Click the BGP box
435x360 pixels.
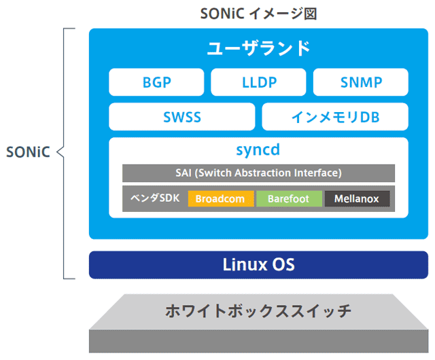[157, 83]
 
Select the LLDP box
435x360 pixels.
[259, 83]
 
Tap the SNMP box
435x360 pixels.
[361, 83]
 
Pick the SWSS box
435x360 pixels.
[182, 117]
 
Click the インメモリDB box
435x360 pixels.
[335, 117]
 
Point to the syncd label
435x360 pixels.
[259, 149]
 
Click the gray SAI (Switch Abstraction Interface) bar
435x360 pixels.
[259, 173]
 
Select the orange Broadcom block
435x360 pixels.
[221, 199]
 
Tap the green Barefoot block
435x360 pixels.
[289, 199]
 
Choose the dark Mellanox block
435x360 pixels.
[357, 199]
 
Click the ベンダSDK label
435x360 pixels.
[155, 198]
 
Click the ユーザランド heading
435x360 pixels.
[259, 49]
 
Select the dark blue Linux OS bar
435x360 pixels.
[259, 265]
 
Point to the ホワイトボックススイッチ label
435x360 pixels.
[259, 312]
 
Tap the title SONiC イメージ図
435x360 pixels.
[259, 12]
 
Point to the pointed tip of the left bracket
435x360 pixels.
[57, 152]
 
